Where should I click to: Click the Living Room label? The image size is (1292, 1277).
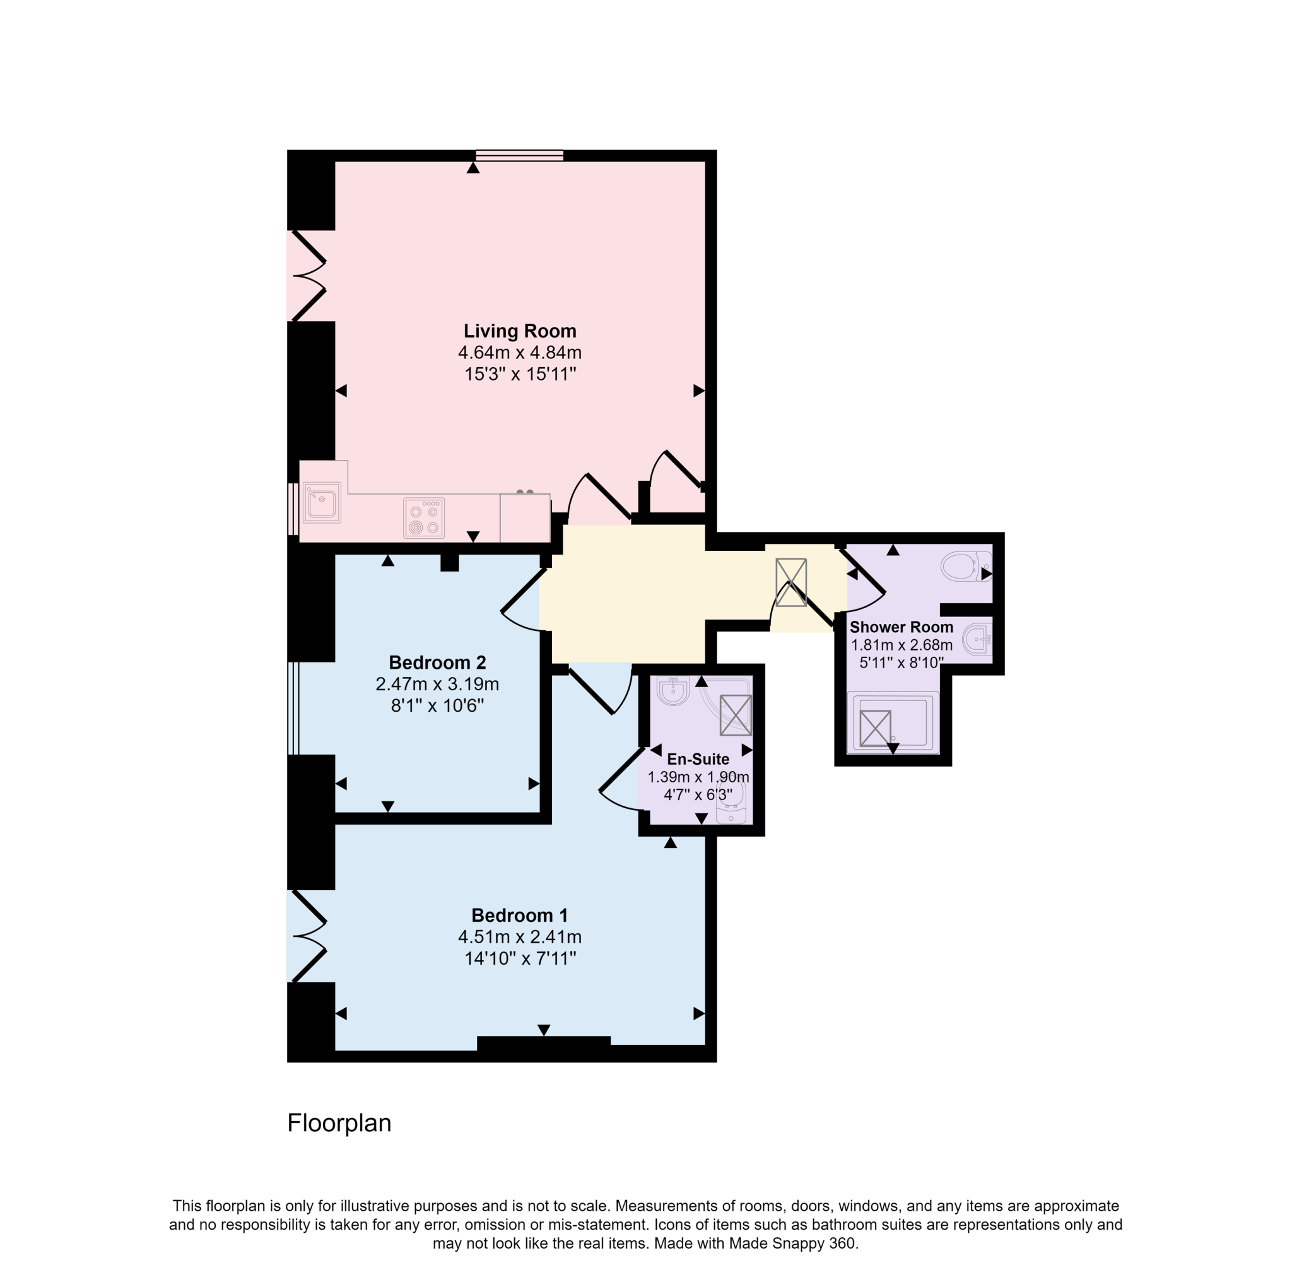pos(520,331)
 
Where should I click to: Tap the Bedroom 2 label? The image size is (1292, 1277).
pos(437,662)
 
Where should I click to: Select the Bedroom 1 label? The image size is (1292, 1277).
pos(520,915)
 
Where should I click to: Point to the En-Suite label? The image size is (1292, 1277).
pos(698,759)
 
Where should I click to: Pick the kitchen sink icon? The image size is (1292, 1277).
pos(322,503)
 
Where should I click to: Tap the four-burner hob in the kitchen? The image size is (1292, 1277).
pos(424,518)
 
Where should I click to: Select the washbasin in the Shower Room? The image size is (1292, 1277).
pos(978,640)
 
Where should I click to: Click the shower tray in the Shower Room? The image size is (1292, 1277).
pos(893,724)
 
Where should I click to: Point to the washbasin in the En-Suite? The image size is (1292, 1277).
pos(672,690)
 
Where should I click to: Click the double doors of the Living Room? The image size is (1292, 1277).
pos(308,276)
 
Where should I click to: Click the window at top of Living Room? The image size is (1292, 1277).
pos(520,156)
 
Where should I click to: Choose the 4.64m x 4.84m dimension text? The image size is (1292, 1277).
pos(520,353)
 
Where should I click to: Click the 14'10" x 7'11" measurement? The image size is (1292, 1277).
pos(520,958)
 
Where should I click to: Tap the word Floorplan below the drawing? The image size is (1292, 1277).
pos(339,1123)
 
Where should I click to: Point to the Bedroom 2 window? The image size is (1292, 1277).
pos(293,708)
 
